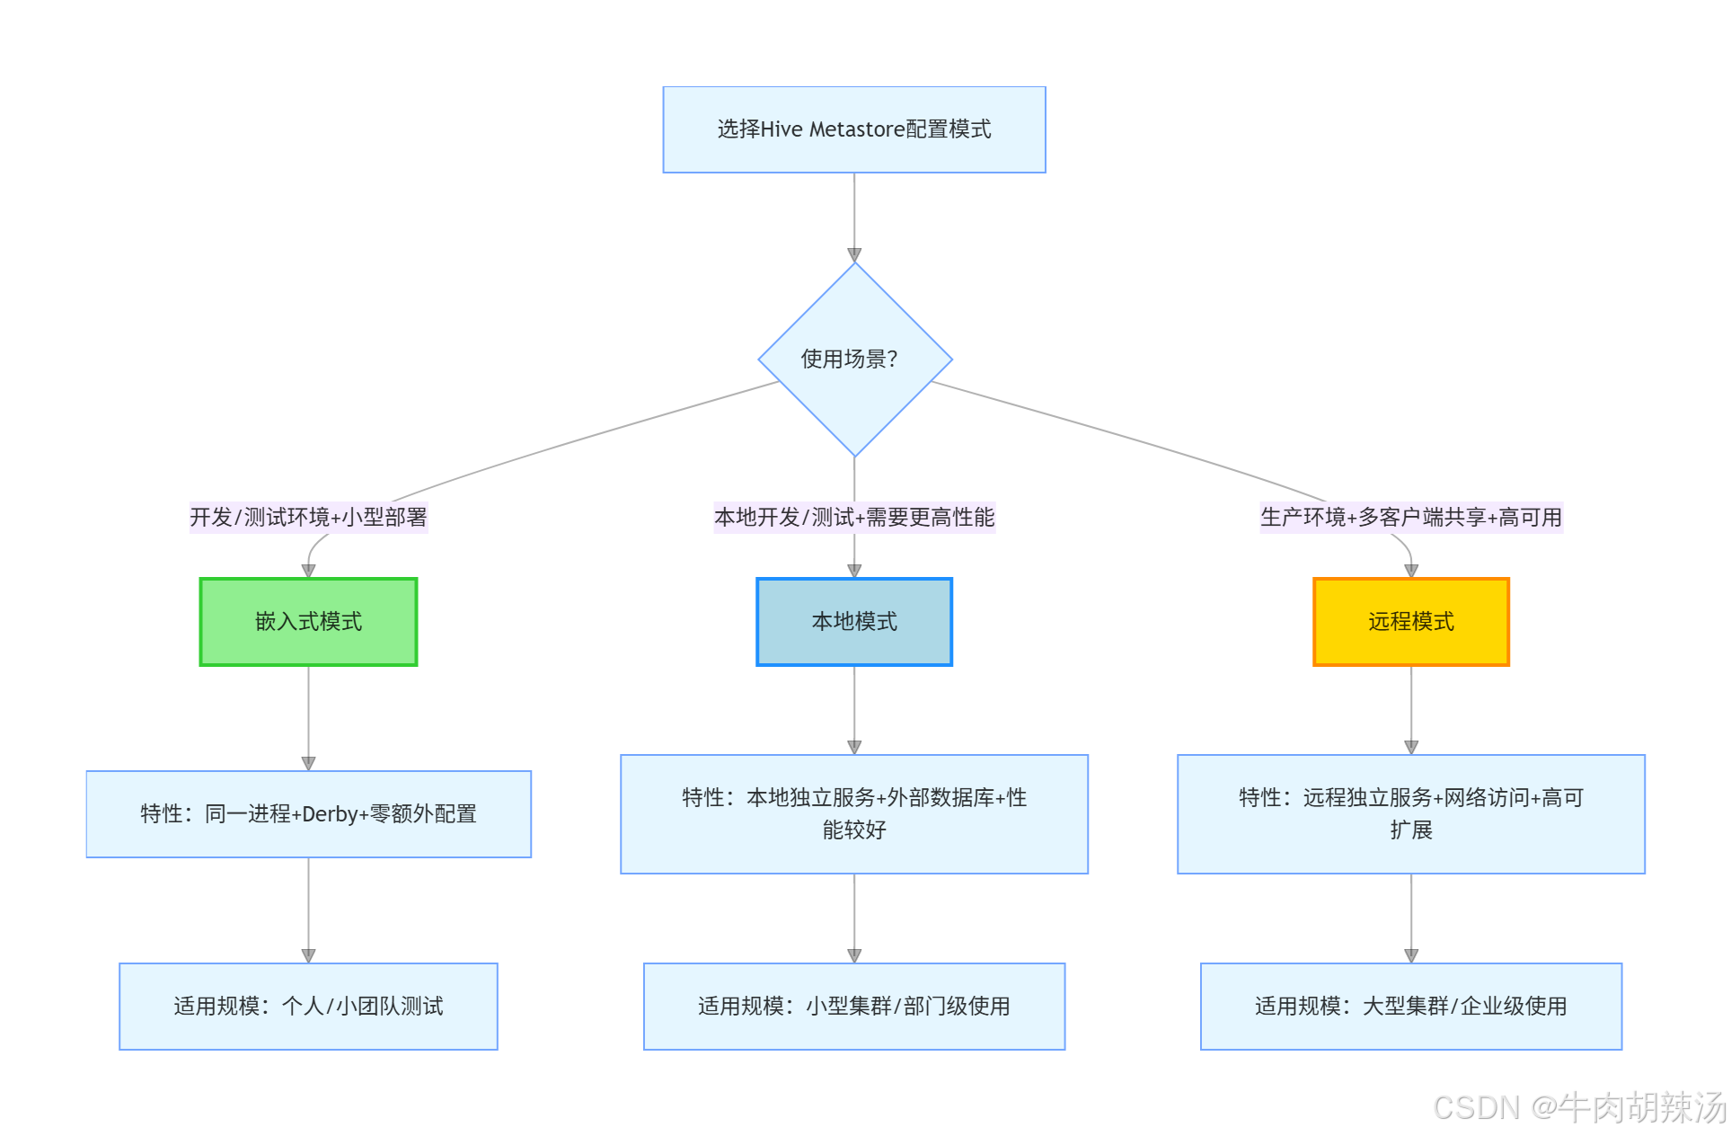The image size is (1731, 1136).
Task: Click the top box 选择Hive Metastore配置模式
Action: click(x=853, y=129)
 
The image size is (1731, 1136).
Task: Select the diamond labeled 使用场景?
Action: click(x=854, y=359)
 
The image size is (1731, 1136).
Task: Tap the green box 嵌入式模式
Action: click(x=308, y=622)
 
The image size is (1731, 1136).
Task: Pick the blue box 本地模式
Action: click(x=853, y=622)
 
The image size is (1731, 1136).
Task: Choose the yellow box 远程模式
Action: click(x=1410, y=622)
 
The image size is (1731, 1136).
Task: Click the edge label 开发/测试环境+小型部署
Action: click(x=308, y=518)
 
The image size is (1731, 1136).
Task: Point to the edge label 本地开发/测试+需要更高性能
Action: click(x=853, y=518)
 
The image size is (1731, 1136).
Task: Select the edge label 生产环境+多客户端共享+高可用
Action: click(x=1410, y=518)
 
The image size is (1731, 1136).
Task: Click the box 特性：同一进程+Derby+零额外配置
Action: click(x=308, y=814)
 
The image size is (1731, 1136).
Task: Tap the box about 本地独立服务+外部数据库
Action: click(x=853, y=814)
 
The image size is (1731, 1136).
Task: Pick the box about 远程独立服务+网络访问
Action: click(x=1410, y=814)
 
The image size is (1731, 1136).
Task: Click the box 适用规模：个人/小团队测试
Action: click(x=308, y=1007)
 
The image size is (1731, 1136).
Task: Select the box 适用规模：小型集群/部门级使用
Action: click(x=853, y=1007)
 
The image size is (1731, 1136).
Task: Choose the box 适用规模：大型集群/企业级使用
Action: click(x=1410, y=1007)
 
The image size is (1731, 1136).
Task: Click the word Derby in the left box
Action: click(x=330, y=814)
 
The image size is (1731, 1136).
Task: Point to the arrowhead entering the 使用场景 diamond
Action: click(x=854, y=255)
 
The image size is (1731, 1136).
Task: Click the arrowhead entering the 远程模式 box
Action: click(x=1411, y=571)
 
